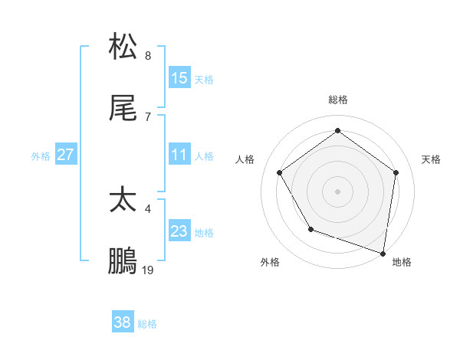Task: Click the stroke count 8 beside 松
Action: click(148, 56)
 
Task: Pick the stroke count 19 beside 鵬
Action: click(148, 270)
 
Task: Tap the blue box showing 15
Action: click(179, 78)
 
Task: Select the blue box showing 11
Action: click(179, 155)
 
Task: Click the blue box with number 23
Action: click(179, 231)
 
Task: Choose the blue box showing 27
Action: click(66, 155)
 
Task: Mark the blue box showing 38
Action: click(123, 322)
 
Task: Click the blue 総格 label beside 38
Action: click(147, 324)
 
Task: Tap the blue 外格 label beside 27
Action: click(41, 156)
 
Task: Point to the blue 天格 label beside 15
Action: click(203, 80)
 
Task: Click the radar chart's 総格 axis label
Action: click(338, 100)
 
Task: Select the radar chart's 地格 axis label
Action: click(402, 263)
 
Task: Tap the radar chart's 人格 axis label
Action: click(245, 159)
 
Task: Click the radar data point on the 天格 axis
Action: click(396, 172)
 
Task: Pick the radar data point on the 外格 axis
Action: click(310, 229)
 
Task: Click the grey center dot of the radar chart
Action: click(338, 191)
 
